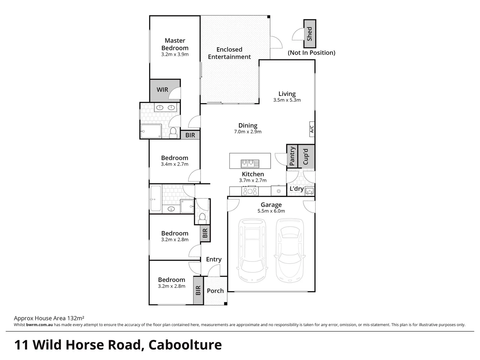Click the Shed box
point(309,33)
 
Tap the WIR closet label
point(162,90)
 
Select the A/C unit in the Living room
point(312,129)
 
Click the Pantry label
point(292,156)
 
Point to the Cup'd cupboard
point(306,156)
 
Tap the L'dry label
point(296,189)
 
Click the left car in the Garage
point(252,250)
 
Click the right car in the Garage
point(289,250)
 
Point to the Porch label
point(215,291)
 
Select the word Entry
point(214,259)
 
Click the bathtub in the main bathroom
point(156,199)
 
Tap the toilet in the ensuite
point(173,133)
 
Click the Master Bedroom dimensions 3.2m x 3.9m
point(175,54)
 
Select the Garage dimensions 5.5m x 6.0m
point(271,211)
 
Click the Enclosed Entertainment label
point(229,53)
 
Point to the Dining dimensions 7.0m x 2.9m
point(248,132)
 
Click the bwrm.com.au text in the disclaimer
point(39,325)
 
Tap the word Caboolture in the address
point(185,345)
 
